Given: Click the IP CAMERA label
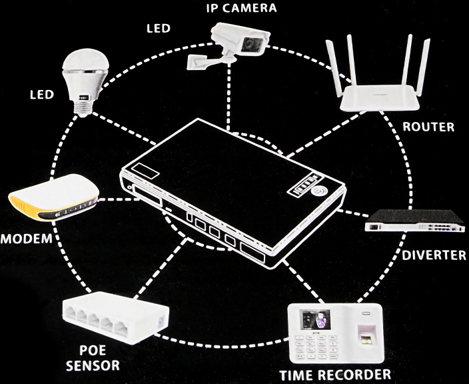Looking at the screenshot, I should point(240,8).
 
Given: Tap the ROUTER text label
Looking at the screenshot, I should point(428,127).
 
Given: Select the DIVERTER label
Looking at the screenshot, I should point(433,255).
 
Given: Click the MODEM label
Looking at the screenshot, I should point(26,239).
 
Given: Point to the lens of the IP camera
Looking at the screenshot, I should point(251,45).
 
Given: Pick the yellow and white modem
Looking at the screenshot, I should point(53,205).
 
